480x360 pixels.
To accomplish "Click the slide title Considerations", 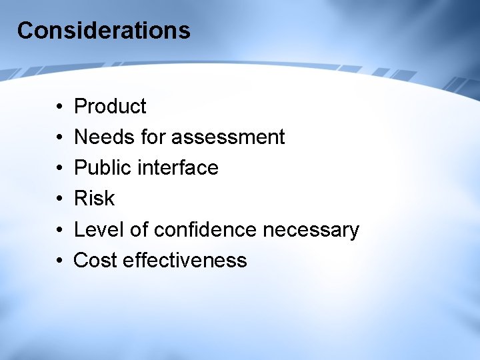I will click(x=103, y=31).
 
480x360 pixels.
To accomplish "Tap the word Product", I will click(x=110, y=106).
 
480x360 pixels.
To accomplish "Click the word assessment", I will click(x=228, y=137).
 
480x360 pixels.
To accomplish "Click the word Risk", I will click(x=94, y=198).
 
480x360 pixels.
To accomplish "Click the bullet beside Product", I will click(x=59, y=107).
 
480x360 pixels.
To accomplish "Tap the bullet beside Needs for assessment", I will click(x=59, y=137).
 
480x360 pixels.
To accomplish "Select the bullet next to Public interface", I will click(x=59, y=168).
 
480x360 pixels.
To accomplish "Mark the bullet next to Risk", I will click(x=59, y=199).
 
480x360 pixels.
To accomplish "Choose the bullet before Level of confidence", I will click(x=59, y=230).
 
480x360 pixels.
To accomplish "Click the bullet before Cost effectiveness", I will click(x=59, y=261).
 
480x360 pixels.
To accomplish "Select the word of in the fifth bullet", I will click(x=139, y=229).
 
